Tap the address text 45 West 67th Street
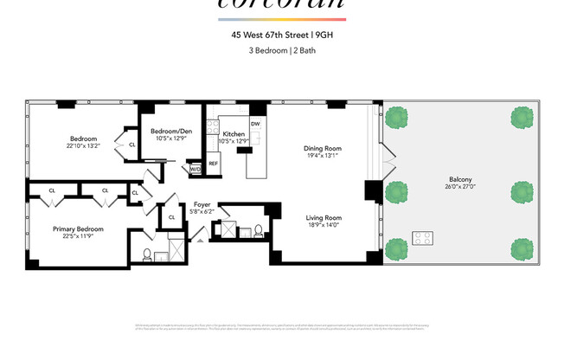coord(263,35)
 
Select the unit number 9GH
coord(324,35)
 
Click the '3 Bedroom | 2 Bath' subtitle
coord(281,49)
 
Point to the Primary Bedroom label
coord(78,228)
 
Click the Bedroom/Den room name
coord(170,132)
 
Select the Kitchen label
coord(234,134)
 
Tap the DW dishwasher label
coord(255,124)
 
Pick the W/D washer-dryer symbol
coord(195,169)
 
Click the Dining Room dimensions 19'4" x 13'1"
coord(322,156)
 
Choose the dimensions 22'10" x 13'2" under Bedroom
coord(84,145)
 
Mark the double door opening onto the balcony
coord(391,160)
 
